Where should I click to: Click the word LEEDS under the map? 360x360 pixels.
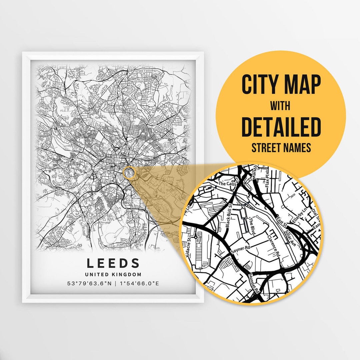[x=113, y=263]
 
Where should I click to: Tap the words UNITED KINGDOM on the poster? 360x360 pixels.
[x=113, y=275]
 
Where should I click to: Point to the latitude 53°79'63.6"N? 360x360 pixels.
[x=87, y=284]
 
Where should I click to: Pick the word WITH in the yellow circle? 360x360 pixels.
[x=280, y=106]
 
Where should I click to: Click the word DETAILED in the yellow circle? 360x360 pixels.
[x=281, y=127]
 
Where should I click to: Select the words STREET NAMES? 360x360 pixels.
[x=281, y=147]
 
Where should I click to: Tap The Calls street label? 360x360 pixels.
[x=227, y=183]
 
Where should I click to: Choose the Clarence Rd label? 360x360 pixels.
[x=273, y=245]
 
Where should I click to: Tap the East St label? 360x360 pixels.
[x=282, y=221]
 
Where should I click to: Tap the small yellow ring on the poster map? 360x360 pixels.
[x=129, y=173]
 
